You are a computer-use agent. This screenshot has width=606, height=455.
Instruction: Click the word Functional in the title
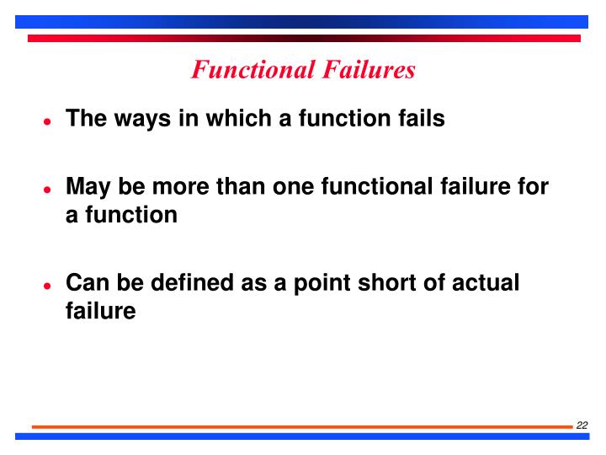coord(244,69)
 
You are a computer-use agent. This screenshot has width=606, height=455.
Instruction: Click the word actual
coord(487,282)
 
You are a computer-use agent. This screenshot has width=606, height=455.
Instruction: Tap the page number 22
coord(582,425)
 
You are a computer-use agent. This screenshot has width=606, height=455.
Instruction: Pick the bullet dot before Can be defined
coord(48,285)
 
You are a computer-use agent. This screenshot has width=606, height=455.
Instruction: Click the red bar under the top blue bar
coord(303,38)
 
